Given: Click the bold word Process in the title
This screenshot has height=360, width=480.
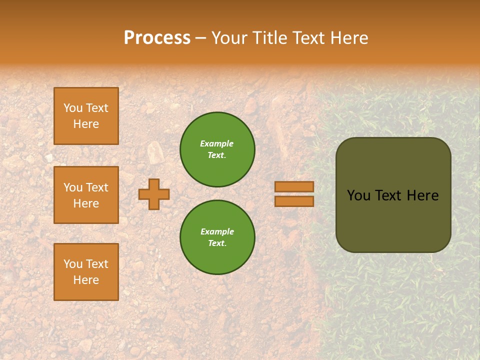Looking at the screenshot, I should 157,38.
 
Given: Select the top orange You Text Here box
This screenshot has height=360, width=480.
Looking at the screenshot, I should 86,116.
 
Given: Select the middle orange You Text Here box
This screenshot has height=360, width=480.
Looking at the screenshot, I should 86,195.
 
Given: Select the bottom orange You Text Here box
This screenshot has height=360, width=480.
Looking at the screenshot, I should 86,272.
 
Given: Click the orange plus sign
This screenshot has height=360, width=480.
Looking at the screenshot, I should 154,194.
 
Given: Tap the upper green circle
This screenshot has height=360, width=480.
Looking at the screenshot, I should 217,149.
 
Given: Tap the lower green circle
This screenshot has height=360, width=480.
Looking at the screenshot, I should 217,237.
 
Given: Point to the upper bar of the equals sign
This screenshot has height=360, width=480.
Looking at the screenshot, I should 294,186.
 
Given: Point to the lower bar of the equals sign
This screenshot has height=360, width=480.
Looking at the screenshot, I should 294,201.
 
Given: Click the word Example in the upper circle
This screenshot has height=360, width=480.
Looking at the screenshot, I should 217,143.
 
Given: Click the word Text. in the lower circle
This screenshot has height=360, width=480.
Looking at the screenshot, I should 217,243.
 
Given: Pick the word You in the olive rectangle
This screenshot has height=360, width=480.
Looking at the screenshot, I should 358,195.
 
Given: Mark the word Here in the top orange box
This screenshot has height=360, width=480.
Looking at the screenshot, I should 86,124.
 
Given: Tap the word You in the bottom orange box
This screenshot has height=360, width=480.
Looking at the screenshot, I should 73,264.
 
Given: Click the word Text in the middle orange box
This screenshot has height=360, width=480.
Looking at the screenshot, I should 97,187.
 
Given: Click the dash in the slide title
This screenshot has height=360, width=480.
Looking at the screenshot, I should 201,38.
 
